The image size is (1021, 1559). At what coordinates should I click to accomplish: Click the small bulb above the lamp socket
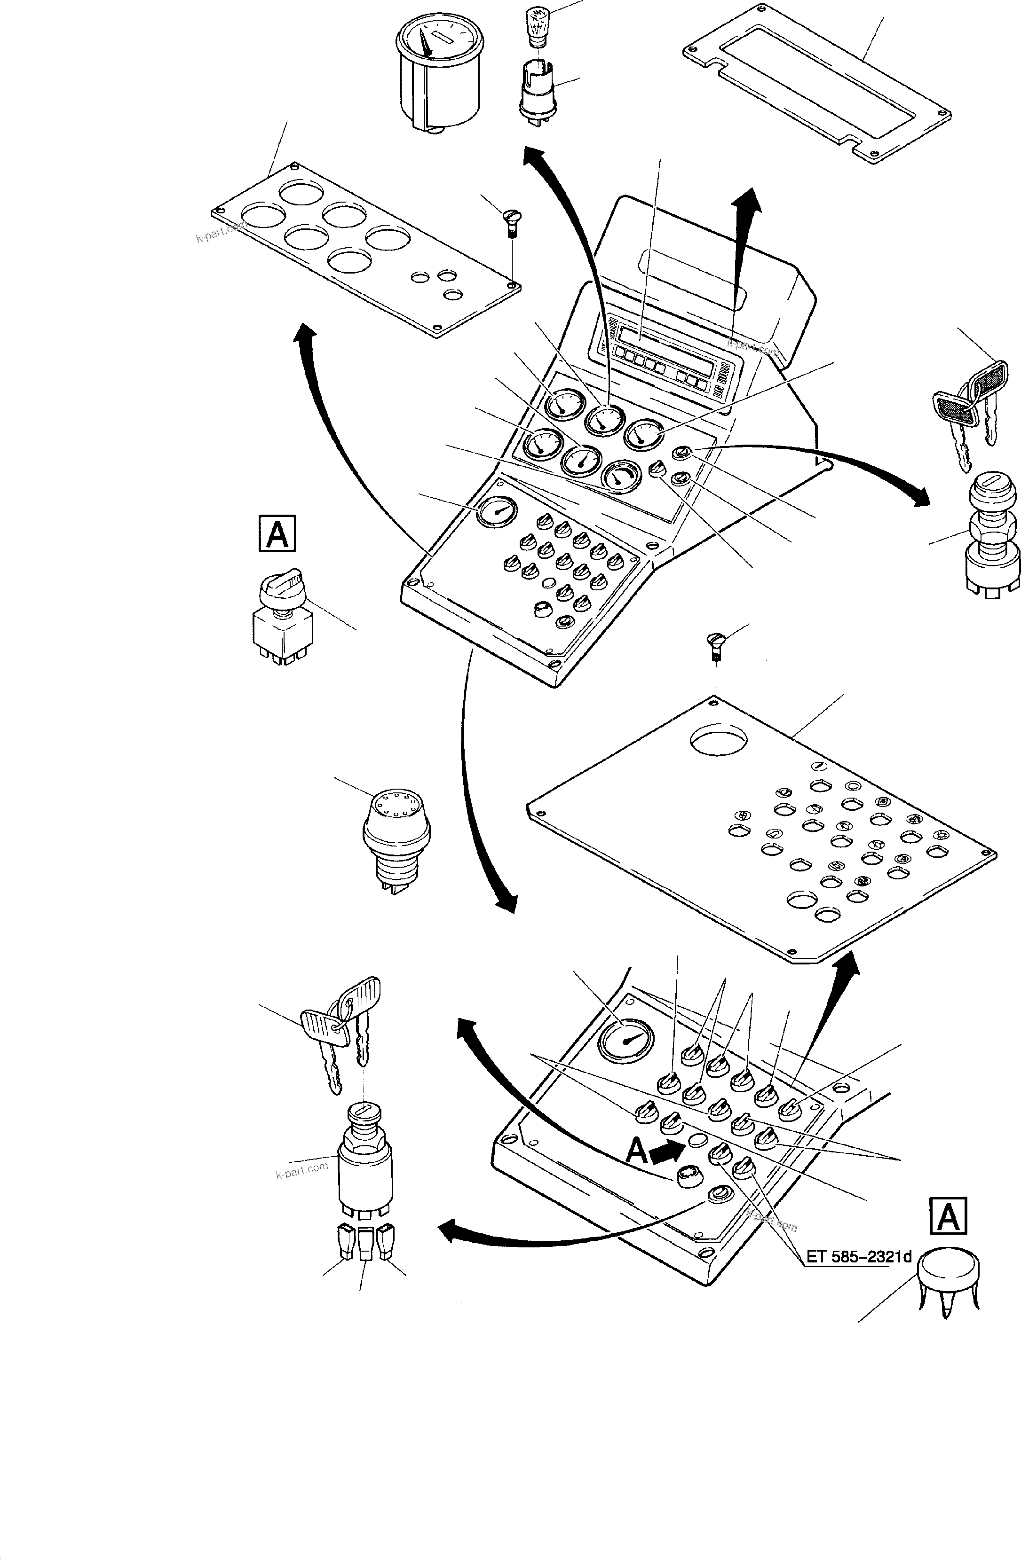(538, 26)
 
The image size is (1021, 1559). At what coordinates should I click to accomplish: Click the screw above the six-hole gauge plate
(511, 222)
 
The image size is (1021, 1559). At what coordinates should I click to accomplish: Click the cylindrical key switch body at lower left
(365, 1158)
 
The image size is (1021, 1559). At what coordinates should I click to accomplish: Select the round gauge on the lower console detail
(624, 1040)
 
